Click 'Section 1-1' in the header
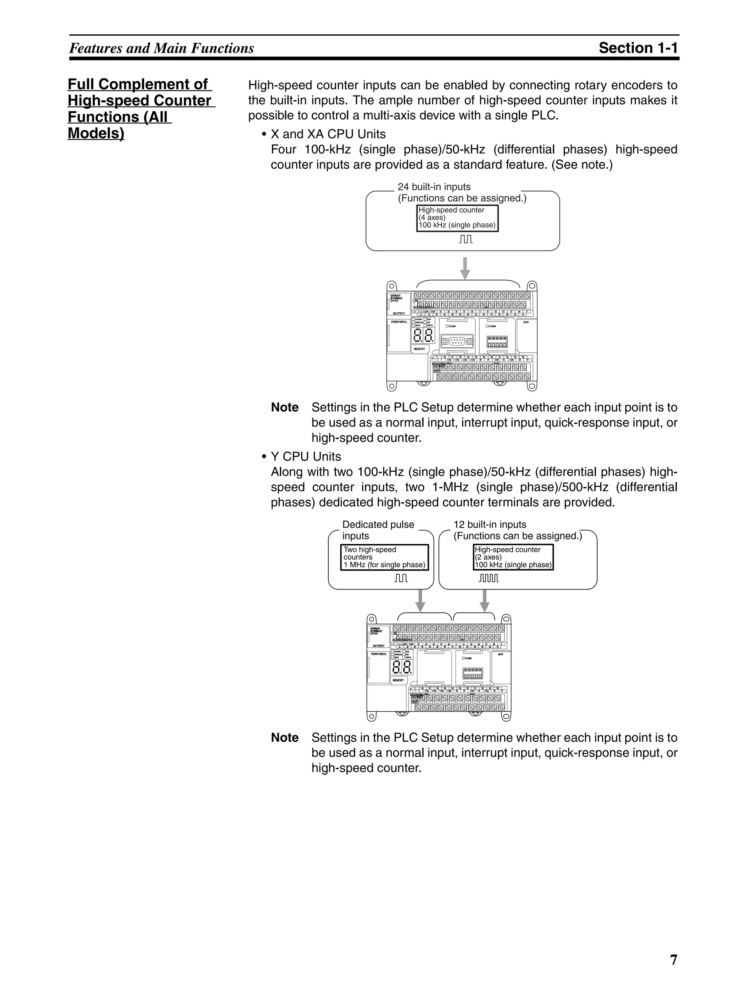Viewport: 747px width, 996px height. (638, 48)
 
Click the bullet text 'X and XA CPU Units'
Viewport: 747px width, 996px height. (328, 134)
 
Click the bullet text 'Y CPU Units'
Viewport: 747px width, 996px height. (306, 456)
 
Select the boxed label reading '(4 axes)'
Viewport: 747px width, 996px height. (432, 217)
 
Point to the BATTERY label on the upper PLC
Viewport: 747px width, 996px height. (399, 313)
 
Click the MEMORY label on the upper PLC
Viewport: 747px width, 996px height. (419, 349)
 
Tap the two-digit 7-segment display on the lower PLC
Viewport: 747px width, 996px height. (401, 667)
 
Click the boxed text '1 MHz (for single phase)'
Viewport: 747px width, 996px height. (384, 565)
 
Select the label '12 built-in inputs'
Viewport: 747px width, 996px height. (489, 525)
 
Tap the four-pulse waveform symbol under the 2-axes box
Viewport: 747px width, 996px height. (488, 578)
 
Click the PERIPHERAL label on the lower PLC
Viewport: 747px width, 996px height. (379, 654)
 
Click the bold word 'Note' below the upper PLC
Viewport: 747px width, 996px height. (285, 408)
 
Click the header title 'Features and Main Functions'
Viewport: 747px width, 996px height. (162, 48)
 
